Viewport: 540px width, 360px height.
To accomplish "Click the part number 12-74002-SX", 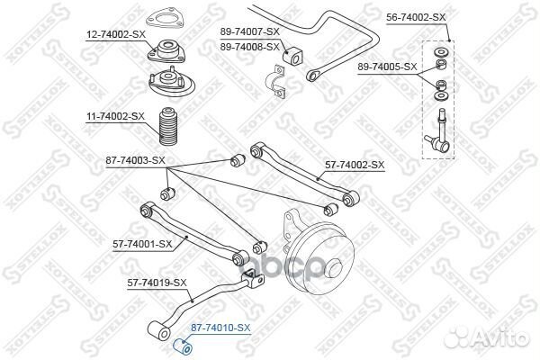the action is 116,34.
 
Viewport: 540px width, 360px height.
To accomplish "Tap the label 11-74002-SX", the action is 115,116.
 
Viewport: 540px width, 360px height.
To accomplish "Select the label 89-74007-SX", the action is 250,31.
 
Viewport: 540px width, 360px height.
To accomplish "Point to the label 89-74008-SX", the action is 250,47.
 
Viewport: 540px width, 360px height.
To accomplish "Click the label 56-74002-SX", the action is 416,17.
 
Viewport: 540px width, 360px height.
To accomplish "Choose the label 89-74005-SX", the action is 387,67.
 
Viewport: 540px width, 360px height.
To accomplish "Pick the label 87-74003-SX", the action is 135,160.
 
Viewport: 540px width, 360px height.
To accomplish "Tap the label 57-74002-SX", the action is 355,165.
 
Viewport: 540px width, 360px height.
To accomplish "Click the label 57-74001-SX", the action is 142,245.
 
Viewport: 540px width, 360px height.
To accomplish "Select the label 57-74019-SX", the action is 157,283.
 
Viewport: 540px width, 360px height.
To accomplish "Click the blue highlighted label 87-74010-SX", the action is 220,328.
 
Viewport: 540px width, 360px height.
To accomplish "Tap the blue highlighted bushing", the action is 183,346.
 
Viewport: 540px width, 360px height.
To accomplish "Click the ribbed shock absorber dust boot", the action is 169,126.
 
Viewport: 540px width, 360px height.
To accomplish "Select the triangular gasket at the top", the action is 165,19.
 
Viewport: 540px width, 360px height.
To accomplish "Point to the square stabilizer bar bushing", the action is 292,56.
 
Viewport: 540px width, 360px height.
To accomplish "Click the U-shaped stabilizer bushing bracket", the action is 275,82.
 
